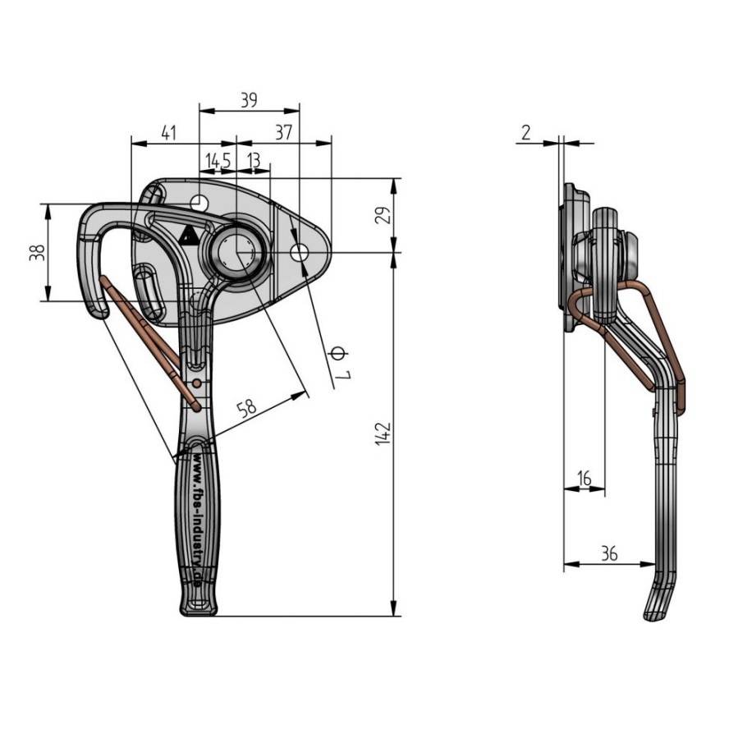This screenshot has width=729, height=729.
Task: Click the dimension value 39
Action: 249,100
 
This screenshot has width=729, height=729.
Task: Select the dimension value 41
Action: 168,133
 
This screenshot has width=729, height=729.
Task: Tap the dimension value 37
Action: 283,133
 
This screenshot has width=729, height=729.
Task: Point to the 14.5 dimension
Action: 218,160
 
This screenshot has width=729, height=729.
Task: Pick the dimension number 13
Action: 254,160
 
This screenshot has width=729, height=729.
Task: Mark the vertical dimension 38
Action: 36,253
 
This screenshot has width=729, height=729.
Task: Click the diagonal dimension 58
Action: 246,406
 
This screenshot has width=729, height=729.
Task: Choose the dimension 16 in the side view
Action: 584,477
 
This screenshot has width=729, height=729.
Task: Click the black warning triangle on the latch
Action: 189,236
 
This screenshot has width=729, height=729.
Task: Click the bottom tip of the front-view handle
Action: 199,609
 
